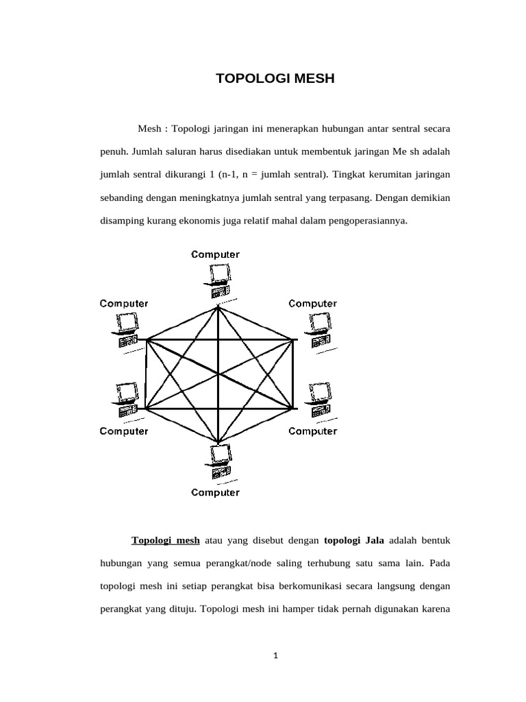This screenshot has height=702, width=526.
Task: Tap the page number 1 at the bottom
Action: [275, 655]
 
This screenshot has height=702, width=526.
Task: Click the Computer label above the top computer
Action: [216, 254]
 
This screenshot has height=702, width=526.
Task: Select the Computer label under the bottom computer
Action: [216, 492]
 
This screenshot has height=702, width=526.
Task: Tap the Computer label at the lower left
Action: [124, 431]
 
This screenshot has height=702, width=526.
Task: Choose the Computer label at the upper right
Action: [313, 303]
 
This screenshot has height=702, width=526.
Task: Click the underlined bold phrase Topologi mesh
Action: [166, 540]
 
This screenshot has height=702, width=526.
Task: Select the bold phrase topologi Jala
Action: [353, 540]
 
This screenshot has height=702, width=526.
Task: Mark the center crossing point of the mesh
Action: [218, 374]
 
